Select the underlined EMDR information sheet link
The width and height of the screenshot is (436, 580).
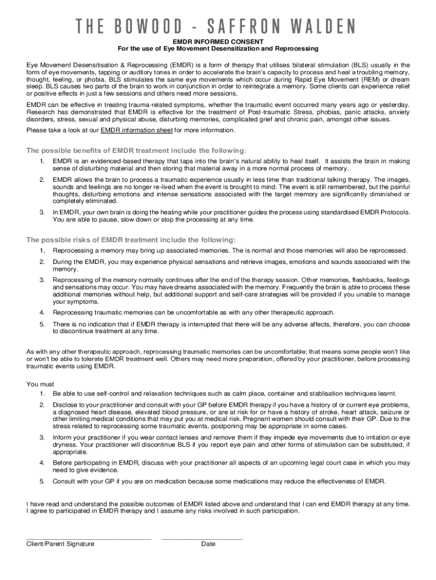(x=136, y=130)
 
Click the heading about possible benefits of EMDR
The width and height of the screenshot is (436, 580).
(x=136, y=151)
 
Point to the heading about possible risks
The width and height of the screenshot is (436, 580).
(x=131, y=240)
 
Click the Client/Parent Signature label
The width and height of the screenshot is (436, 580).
(x=61, y=544)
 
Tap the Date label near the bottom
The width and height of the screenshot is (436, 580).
(x=208, y=544)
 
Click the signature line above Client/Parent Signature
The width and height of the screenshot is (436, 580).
(x=88, y=538)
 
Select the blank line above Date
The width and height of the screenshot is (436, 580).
(x=202, y=538)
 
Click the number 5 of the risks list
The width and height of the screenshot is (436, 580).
(x=42, y=323)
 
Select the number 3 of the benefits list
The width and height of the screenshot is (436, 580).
(x=42, y=212)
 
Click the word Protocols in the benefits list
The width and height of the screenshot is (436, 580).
(x=393, y=212)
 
